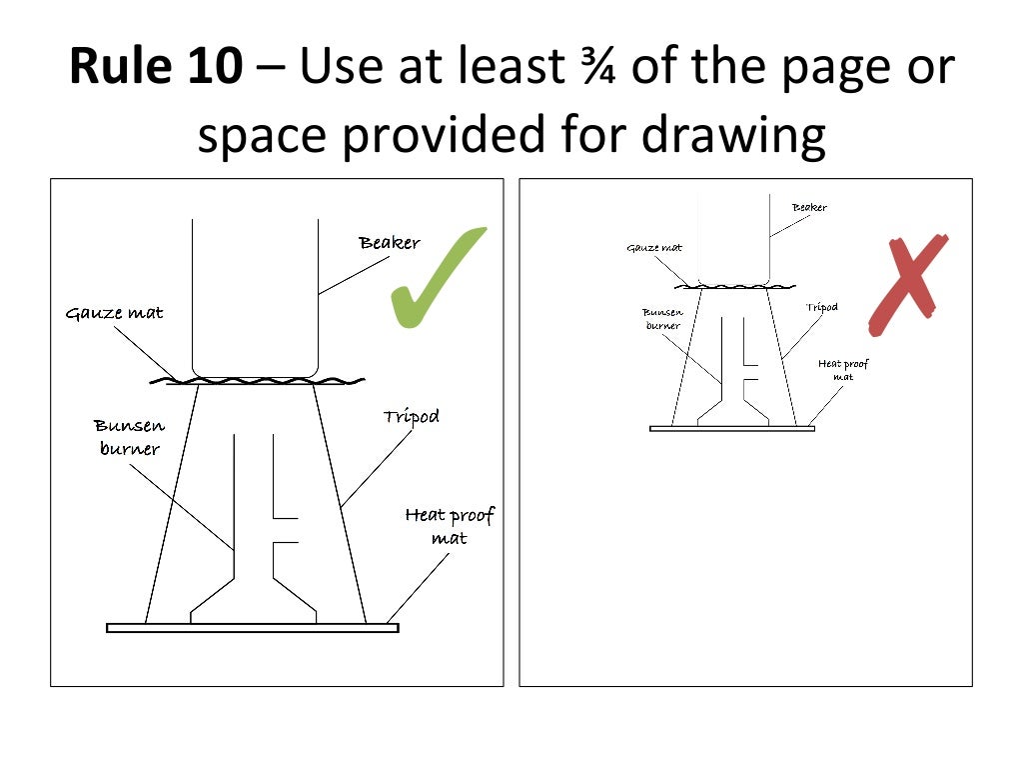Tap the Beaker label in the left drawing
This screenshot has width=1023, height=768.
(x=390, y=243)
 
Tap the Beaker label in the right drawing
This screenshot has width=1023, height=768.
(x=809, y=207)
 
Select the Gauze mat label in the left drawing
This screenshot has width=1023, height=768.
(x=114, y=313)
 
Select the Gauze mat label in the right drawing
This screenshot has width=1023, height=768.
(x=654, y=247)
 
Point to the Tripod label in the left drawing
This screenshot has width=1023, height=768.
(x=411, y=416)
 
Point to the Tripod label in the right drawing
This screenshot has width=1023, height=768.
(x=821, y=307)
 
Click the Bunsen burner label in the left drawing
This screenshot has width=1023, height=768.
(x=130, y=438)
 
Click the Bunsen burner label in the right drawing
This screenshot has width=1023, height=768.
(x=662, y=318)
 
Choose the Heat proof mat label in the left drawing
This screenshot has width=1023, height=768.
(x=449, y=526)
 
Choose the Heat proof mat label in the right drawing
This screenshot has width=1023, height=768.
(x=843, y=370)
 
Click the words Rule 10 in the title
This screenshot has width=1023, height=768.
(x=155, y=68)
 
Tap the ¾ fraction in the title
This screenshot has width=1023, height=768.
(x=600, y=68)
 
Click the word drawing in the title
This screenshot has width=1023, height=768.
(x=733, y=135)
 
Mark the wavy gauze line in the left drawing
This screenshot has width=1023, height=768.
(x=255, y=380)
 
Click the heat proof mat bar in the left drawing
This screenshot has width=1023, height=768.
(x=252, y=628)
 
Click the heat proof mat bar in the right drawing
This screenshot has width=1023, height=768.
(x=732, y=428)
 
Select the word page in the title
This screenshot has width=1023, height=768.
(x=838, y=68)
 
